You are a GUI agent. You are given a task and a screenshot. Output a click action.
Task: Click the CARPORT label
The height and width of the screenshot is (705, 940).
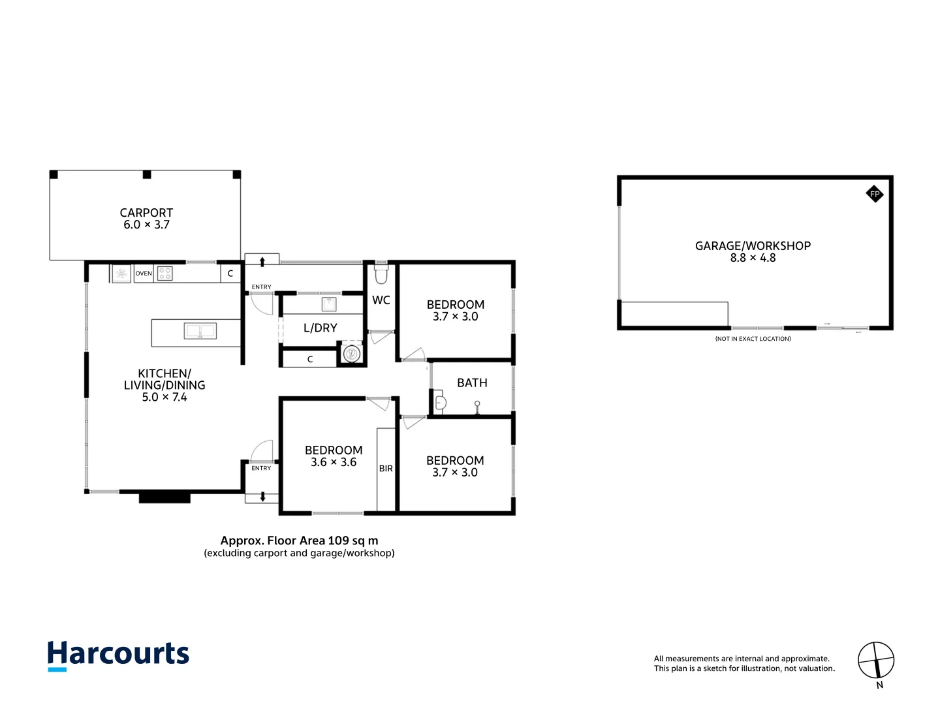pyautogui.click(x=146, y=213)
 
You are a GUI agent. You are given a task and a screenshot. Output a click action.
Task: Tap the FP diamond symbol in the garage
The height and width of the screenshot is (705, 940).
pyautogui.click(x=875, y=194)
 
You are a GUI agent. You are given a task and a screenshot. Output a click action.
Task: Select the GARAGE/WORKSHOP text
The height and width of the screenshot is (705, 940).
pyautogui.click(x=753, y=246)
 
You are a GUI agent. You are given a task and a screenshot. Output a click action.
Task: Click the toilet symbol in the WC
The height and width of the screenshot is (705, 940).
pyautogui.click(x=381, y=275)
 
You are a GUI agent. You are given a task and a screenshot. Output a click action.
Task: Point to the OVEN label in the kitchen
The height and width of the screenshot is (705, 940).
pyautogui.click(x=144, y=274)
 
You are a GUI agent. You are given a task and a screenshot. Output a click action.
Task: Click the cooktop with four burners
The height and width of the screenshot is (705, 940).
pyautogui.click(x=165, y=274)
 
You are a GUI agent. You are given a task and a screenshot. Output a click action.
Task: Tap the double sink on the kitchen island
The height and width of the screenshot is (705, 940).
pyautogui.click(x=200, y=332)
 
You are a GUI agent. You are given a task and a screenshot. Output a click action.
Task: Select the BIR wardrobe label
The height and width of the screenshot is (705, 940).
pyautogui.click(x=386, y=469)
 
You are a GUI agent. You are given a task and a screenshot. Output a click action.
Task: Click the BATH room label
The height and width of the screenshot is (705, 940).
pyautogui.click(x=472, y=383)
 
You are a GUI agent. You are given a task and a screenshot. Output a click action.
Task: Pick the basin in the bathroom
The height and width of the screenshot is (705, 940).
pyautogui.click(x=440, y=403)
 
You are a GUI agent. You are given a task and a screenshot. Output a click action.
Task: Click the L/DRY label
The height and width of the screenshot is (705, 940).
pyautogui.click(x=320, y=328)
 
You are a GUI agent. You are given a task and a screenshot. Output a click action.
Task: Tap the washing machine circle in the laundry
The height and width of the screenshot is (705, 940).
pyautogui.click(x=352, y=354)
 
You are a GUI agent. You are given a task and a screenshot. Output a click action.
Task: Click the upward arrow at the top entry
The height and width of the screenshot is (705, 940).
pyautogui.click(x=262, y=261)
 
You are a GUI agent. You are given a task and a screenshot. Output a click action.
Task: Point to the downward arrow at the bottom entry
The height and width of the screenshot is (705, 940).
pyautogui.click(x=262, y=497)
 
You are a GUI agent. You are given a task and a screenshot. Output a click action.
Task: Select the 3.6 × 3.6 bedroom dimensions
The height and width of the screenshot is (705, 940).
pyautogui.click(x=334, y=463)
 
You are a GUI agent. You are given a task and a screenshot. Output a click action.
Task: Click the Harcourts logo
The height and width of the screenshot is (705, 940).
pyautogui.click(x=118, y=655)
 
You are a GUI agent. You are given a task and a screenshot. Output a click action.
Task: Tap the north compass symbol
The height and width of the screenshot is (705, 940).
pyautogui.click(x=876, y=661)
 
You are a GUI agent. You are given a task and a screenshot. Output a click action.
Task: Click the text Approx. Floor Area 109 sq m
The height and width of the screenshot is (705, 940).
pyautogui.click(x=299, y=540)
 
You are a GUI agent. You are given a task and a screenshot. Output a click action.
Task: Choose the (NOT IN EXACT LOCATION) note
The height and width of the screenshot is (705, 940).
pyautogui.click(x=753, y=339)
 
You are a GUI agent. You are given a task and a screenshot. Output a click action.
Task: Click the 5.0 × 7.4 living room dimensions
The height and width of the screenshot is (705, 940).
pyautogui.click(x=164, y=398)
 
